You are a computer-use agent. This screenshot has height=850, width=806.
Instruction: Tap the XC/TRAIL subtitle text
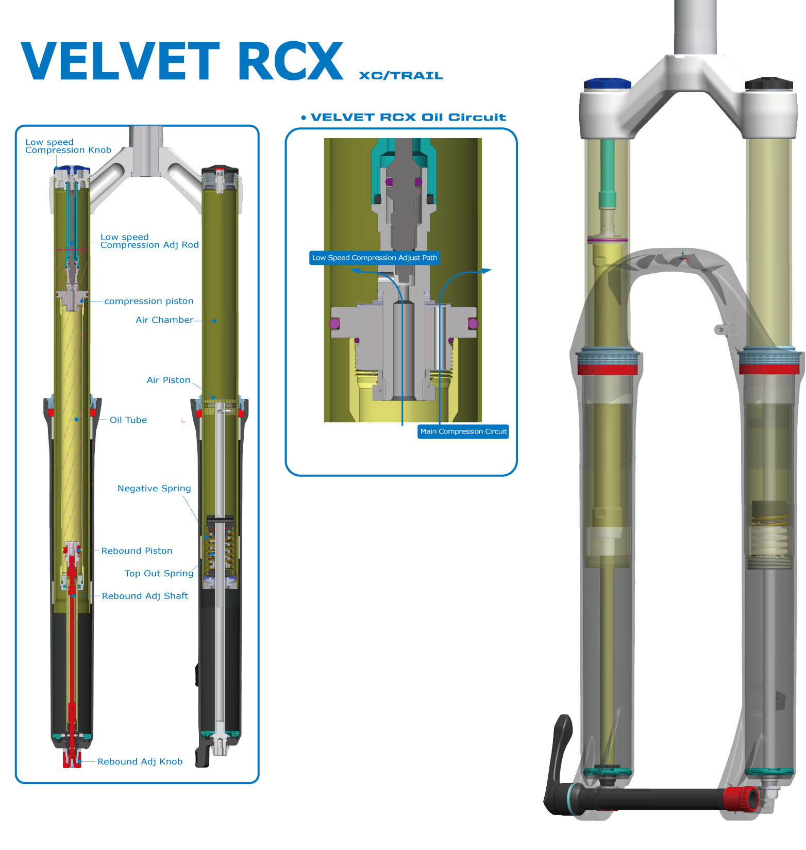coord(400,76)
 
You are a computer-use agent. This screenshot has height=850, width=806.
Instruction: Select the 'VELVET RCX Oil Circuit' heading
coord(408,118)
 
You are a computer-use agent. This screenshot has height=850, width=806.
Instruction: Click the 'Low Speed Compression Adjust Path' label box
coord(374,258)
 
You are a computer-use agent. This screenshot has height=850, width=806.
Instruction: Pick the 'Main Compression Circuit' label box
coord(463,431)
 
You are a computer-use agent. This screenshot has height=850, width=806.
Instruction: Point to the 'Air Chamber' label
coord(164,320)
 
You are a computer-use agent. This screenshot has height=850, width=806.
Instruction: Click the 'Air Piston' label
coord(169,380)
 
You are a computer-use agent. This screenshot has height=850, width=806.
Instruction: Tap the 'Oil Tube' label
coord(128,420)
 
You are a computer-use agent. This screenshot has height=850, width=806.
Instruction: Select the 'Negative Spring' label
coord(154,489)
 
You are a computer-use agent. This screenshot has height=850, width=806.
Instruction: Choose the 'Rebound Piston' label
coord(137,551)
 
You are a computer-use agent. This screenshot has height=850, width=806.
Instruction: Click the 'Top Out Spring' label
coord(159,574)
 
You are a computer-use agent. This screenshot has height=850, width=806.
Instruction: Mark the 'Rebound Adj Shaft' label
coord(145,596)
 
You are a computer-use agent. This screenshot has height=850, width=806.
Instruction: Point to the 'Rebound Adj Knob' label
coord(140,762)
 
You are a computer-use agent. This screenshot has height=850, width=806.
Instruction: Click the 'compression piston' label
coord(149,301)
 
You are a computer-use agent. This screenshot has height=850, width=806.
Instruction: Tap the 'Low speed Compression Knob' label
coord(68,146)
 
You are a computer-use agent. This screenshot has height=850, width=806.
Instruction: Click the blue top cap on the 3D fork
coord(607,84)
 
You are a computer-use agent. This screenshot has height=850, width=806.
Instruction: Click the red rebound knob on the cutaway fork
coord(72,759)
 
